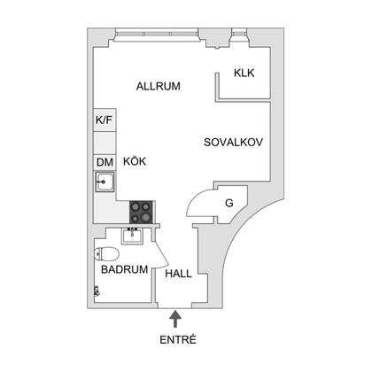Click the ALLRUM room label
pyautogui.click(x=159, y=86)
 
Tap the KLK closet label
pyautogui.click(x=244, y=73)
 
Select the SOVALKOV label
pyautogui.click(x=233, y=143)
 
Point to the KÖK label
pyautogui.click(x=135, y=161)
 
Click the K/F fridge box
pyautogui.click(x=105, y=120)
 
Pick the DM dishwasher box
pyautogui.click(x=105, y=162)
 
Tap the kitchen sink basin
pyautogui.click(x=105, y=182)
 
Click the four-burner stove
pyautogui.click(x=141, y=212)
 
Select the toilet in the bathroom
pyautogui.click(x=106, y=254)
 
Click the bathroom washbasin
pyautogui.click(x=133, y=236)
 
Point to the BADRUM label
pyautogui.click(x=124, y=269)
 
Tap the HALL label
pyautogui.click(x=178, y=274)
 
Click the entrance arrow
pyautogui.click(x=175, y=319)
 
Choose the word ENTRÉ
pyautogui.click(x=178, y=340)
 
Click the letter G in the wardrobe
pyautogui.click(x=229, y=203)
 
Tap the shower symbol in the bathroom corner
pyautogui.click(x=97, y=291)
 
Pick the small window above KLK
pyautogui.click(x=239, y=33)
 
